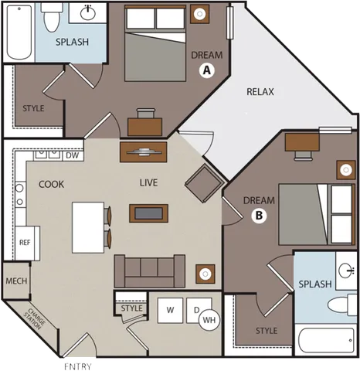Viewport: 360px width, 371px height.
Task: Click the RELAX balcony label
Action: [260, 92]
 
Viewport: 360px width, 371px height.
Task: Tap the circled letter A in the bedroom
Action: [206, 70]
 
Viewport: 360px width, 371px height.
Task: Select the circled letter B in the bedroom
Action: [260, 216]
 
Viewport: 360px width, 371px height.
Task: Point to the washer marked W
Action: [169, 311]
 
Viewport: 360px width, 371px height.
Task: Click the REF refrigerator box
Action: [25, 240]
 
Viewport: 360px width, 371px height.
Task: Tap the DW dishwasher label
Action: [73, 156]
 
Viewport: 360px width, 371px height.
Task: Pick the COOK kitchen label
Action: [51, 185]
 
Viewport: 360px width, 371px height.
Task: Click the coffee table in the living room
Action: [149, 212]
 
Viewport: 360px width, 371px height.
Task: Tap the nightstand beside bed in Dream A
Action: [202, 13]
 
